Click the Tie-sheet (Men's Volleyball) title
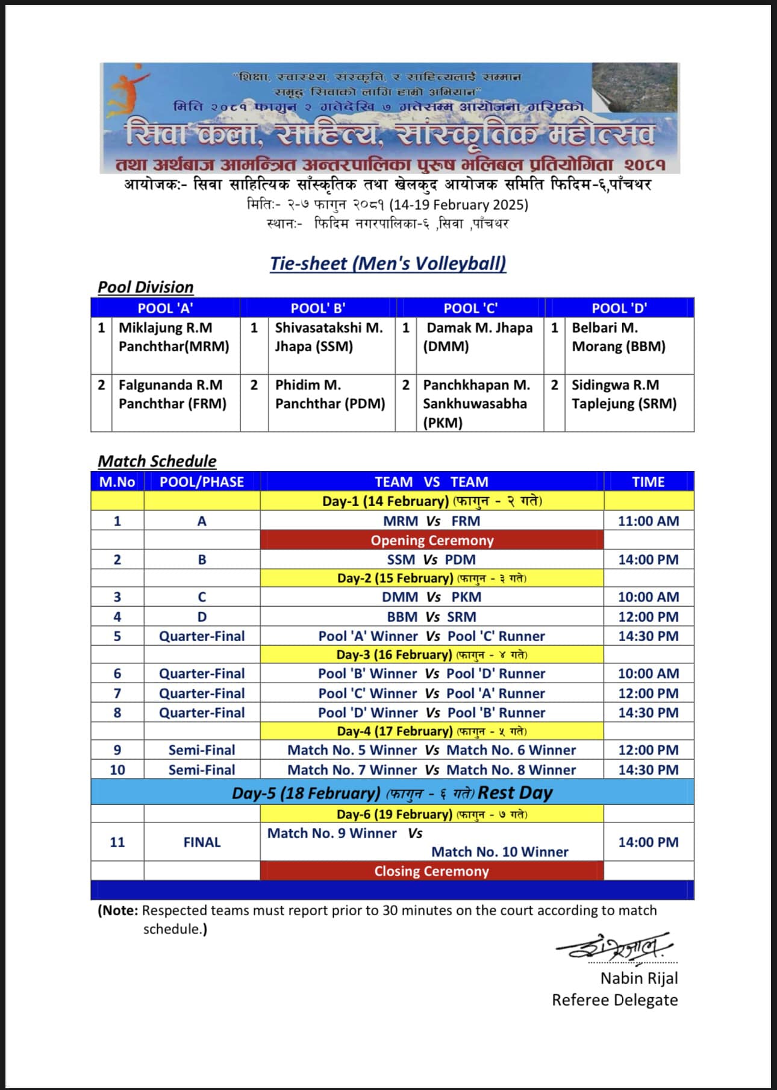388,263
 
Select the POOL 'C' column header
470,308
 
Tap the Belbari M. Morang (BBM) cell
619,337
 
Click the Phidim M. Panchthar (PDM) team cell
329,394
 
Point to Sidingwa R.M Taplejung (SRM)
624,394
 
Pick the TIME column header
648,481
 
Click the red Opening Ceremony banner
432,540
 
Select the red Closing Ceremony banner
432,871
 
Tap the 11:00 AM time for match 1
648,521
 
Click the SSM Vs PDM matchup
431,559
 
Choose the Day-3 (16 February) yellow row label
432,654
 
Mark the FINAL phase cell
202,842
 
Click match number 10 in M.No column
117,769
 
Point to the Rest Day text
515,792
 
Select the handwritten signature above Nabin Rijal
614,947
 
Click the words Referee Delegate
614,1000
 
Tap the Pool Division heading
146,287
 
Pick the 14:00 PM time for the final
648,842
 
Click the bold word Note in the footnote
119,910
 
